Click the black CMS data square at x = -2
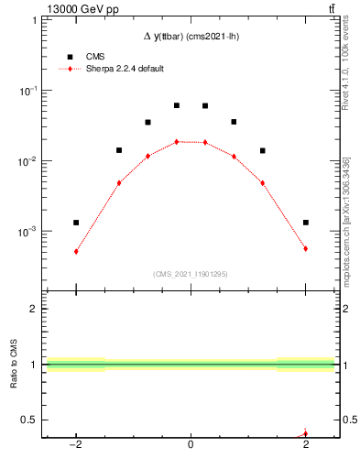76,223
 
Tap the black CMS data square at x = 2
305,223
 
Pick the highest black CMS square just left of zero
176,105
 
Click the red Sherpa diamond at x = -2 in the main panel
76,251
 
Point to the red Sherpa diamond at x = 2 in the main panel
305,248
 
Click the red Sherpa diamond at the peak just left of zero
176,141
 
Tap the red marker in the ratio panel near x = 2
305,433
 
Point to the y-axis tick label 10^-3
27,232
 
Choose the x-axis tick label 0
191,446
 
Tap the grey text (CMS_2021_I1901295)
190,274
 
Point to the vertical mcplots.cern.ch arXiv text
349,220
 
